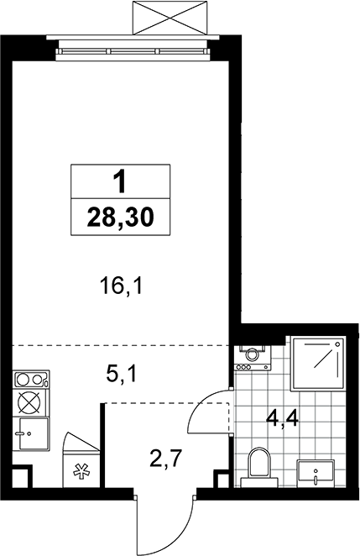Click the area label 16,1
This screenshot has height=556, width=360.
tap(121, 286)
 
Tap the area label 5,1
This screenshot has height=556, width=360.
tap(121, 374)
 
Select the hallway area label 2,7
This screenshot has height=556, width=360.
tap(165, 459)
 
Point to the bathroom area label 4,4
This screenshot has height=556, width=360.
tap(283, 420)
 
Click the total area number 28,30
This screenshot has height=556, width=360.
tap(121, 218)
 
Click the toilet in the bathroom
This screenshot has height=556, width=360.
tap(259, 467)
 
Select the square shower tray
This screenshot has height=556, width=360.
tap(317, 364)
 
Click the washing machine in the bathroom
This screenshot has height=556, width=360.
tap(253, 358)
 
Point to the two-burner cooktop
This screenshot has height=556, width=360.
tap(31, 379)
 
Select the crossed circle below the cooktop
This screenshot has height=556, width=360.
tap(30, 402)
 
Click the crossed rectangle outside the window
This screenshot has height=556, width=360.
tap(170, 18)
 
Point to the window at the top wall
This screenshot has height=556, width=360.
tap(133, 50)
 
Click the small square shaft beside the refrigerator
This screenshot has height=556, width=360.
tap(20, 476)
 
